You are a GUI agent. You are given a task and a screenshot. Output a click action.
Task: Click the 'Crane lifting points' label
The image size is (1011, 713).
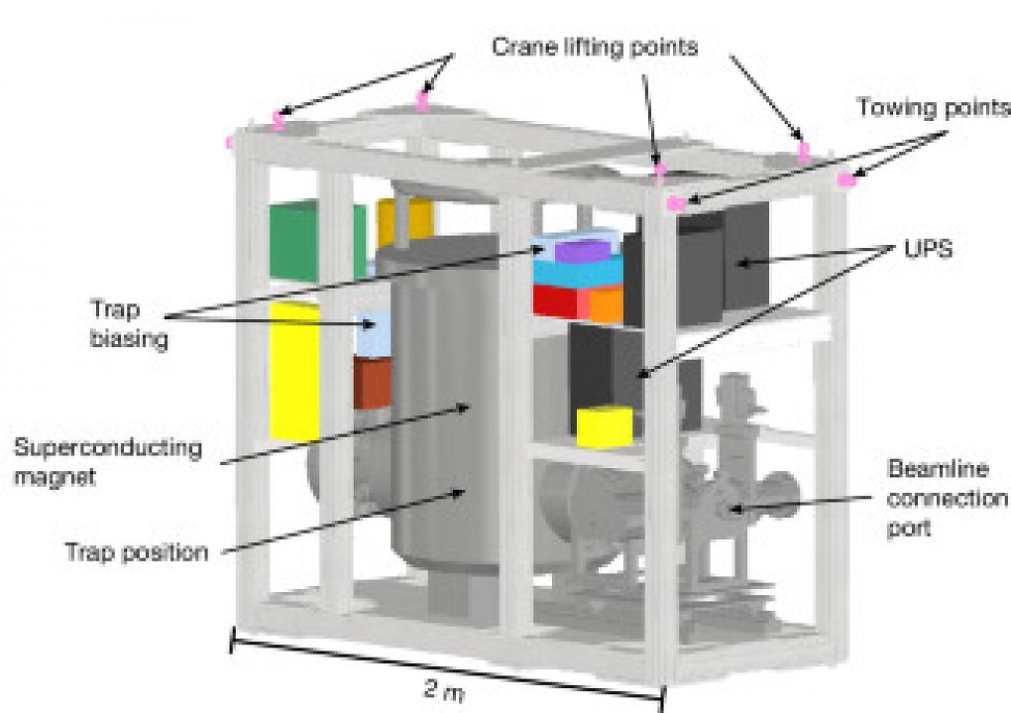[595, 47]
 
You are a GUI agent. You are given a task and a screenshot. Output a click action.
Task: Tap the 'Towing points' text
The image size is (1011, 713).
[933, 107]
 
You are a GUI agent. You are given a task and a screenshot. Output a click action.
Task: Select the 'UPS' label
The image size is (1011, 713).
[928, 249]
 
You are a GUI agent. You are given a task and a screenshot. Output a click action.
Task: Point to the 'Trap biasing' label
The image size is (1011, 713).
[128, 324]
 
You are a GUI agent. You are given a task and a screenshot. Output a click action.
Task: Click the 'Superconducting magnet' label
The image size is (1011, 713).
[108, 462]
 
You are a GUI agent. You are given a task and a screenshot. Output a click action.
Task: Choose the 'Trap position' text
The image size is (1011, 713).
[137, 553]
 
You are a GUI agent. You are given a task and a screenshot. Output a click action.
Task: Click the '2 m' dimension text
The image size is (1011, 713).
[444, 690]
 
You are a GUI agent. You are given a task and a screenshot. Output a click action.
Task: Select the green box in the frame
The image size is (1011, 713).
[316, 240]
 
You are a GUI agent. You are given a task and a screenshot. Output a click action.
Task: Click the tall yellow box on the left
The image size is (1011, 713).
[294, 371]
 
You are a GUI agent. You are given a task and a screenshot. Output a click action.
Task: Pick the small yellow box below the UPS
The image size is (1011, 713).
[605, 425]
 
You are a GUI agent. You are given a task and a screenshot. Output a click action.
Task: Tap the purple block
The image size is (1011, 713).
[584, 250]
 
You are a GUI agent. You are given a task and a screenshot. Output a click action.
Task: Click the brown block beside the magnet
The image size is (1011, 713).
[372, 384]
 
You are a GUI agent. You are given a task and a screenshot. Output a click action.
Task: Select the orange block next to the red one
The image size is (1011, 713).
[606, 305]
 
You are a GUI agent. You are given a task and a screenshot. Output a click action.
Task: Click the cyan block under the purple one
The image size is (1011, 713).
[576, 274]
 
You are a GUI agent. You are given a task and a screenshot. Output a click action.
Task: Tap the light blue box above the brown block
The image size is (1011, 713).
[374, 334]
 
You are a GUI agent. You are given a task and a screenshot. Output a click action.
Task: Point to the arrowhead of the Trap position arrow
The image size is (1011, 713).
[459, 493]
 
